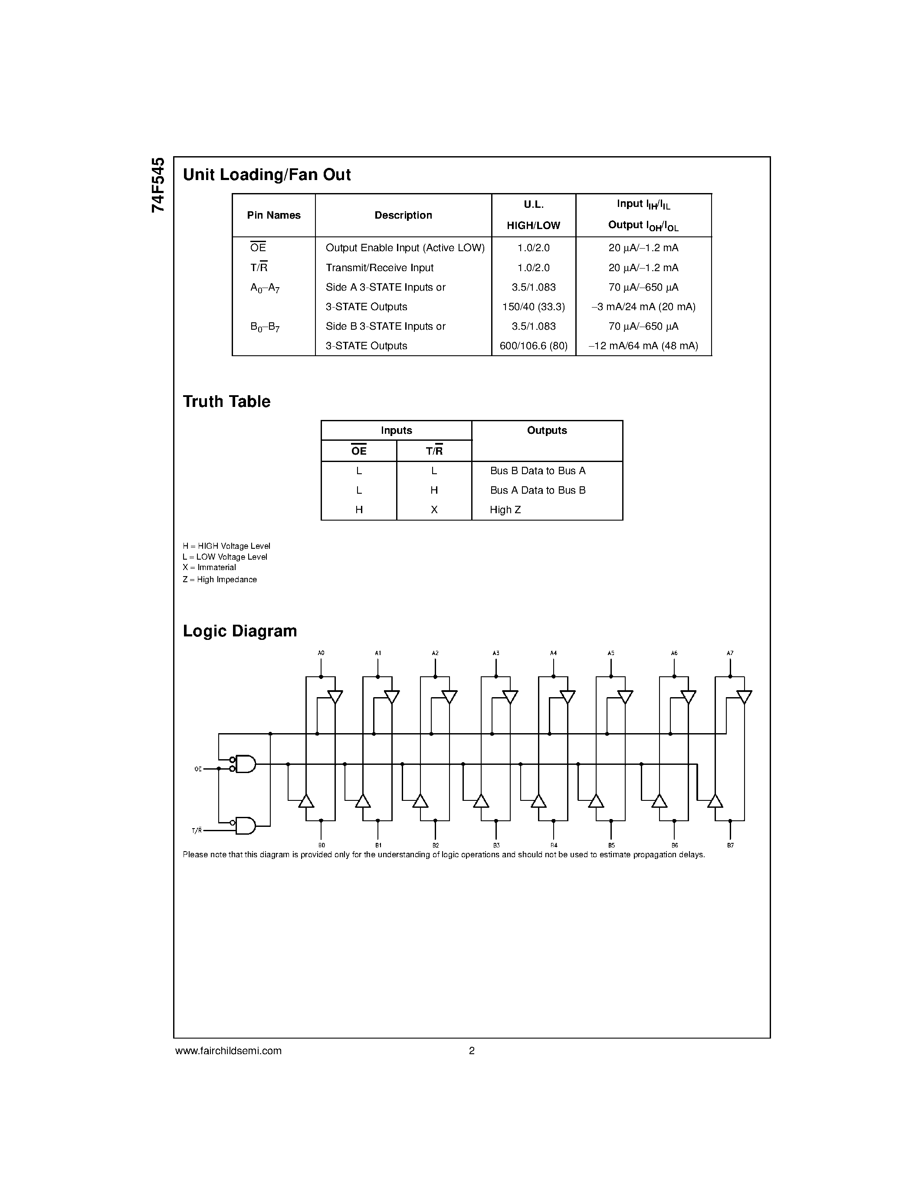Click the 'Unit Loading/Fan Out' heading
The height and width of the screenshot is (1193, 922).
tap(266, 175)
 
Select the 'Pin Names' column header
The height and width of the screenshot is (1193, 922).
tap(274, 215)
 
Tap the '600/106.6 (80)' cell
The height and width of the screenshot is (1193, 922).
tap(533, 346)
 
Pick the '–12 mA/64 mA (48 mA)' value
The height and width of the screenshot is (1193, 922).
tap(643, 346)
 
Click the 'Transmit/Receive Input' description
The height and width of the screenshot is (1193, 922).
tap(379, 268)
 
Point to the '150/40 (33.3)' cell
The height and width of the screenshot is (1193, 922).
tap(533, 306)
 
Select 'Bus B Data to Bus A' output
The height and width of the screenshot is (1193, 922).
tap(538, 470)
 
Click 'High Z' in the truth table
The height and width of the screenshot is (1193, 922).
tap(505, 510)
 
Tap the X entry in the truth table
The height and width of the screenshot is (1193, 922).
tap(434, 510)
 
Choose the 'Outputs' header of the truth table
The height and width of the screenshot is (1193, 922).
tap(547, 430)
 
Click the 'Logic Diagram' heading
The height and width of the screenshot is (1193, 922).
tap(240, 631)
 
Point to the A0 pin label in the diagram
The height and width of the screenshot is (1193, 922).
tap(321, 653)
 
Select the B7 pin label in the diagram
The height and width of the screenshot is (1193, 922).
tap(730, 846)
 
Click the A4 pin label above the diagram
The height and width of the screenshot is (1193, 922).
tap(553, 653)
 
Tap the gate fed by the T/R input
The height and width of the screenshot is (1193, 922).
tap(246, 826)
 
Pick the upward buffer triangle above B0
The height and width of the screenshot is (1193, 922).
tap(306, 801)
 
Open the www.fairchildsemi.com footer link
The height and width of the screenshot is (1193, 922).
tap(228, 1050)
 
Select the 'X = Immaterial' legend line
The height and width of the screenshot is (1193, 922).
tap(209, 567)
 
